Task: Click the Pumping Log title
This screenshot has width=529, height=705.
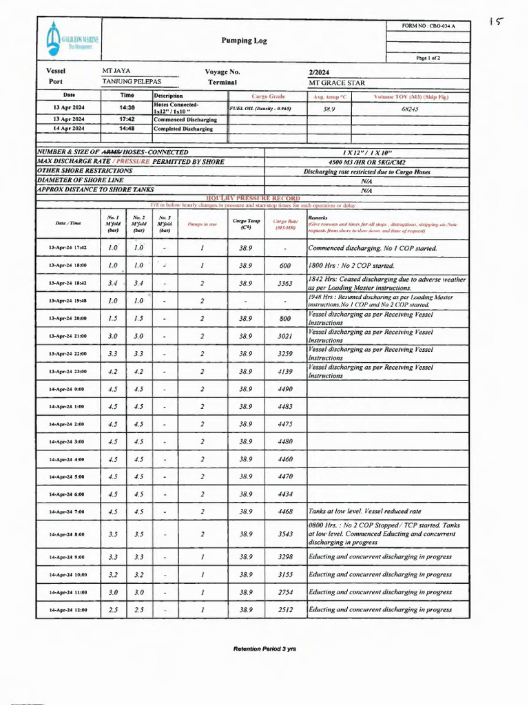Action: coord(244,41)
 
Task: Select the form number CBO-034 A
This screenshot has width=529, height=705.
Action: coord(428,26)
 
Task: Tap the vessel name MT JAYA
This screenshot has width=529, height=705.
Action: coord(116,72)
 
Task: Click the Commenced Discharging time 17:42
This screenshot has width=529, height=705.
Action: coord(127,119)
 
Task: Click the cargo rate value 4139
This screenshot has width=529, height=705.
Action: coord(285,372)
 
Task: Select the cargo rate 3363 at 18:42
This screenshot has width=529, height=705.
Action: coord(285,283)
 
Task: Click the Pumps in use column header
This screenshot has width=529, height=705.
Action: coord(202,224)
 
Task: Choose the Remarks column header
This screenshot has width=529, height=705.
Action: coord(318,218)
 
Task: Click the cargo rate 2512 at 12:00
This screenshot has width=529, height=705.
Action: coord(285,610)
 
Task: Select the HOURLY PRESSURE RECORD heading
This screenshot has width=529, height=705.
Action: coord(253,198)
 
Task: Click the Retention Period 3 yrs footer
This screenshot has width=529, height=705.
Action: coord(264,649)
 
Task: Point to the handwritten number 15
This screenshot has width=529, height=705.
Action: coord(495,22)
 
